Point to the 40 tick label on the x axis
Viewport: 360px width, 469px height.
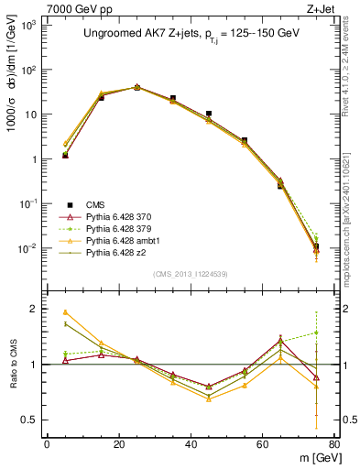pos(191,443)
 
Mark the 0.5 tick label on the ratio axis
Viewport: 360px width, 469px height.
pos(29,420)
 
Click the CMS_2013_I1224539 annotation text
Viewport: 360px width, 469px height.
pos(191,273)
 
